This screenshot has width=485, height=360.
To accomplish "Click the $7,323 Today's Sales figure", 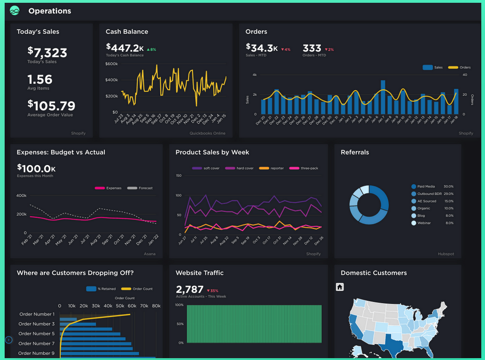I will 47,53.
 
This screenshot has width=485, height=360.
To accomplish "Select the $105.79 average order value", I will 51,106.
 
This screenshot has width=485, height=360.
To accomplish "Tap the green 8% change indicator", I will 151,49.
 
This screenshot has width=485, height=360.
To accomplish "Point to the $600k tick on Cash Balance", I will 112,64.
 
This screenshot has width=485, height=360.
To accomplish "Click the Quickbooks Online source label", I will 207,133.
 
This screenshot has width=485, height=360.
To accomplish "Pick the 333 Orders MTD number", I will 312,48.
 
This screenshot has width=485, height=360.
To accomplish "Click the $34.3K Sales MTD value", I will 262,48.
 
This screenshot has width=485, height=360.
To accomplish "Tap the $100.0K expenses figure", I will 36,168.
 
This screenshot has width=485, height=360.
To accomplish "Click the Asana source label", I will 150,254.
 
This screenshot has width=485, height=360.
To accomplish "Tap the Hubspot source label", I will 446,254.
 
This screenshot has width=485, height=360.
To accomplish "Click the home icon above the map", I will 340,287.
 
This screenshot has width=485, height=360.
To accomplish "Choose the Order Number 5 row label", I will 37,333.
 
